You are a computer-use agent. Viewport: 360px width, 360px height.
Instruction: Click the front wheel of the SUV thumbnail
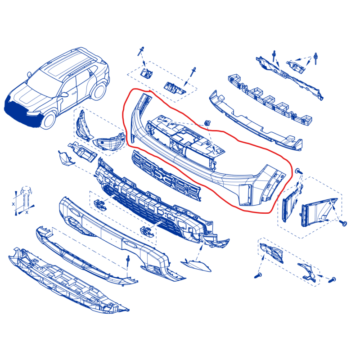48,120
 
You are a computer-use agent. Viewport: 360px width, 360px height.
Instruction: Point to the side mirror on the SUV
64,94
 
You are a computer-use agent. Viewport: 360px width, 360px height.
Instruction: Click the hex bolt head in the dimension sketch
26,190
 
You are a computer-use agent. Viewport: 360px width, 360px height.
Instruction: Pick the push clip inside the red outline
207,123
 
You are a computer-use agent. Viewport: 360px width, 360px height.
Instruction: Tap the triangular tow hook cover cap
196,265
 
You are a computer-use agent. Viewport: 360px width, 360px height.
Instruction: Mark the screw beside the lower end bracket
333,279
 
